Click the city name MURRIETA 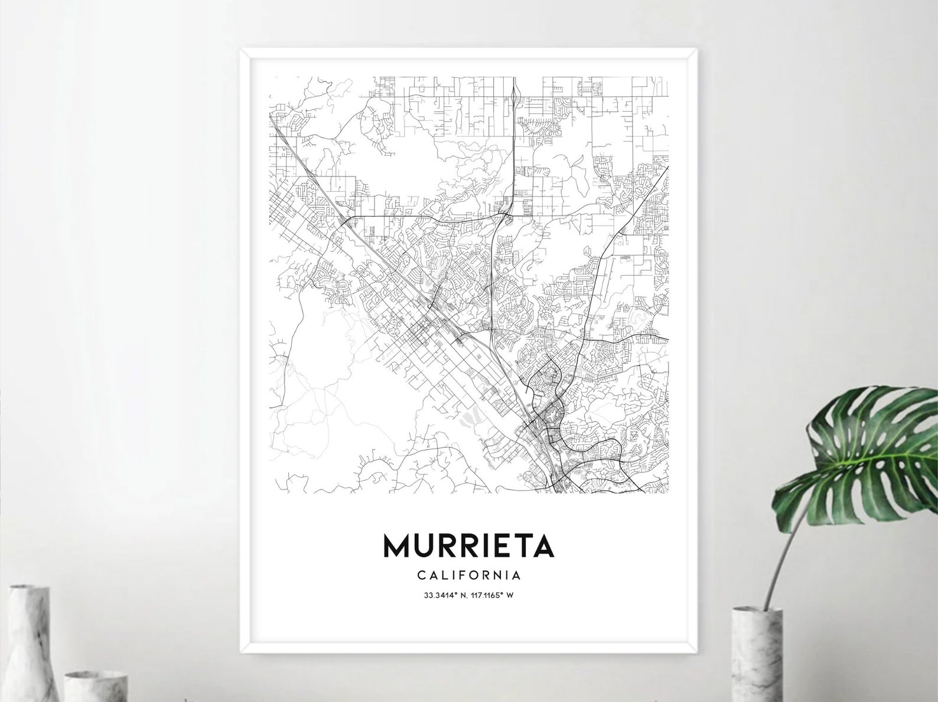(x=468, y=546)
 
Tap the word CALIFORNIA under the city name (x=468, y=574)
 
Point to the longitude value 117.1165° (x=485, y=595)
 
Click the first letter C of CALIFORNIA (x=420, y=574)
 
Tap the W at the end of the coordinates (x=510, y=595)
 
